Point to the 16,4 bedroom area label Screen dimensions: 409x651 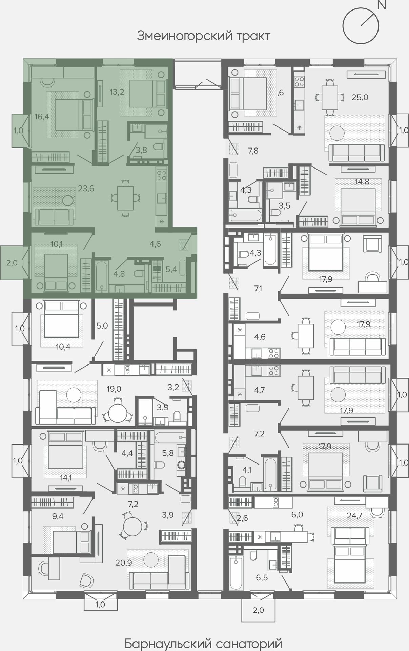coord(42,117)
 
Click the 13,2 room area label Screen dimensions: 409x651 coord(117,92)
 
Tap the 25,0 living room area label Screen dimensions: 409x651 coord(360,97)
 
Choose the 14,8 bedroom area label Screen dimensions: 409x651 coord(362,182)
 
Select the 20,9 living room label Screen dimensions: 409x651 coord(124,563)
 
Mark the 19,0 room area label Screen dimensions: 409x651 coord(114,389)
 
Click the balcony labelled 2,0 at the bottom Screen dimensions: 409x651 coord(258,610)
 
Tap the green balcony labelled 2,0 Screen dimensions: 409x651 coord(12,263)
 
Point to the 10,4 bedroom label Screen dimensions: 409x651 coord(63,347)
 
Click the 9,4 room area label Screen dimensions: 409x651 coord(58,516)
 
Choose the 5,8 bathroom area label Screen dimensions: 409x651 coord(168,453)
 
